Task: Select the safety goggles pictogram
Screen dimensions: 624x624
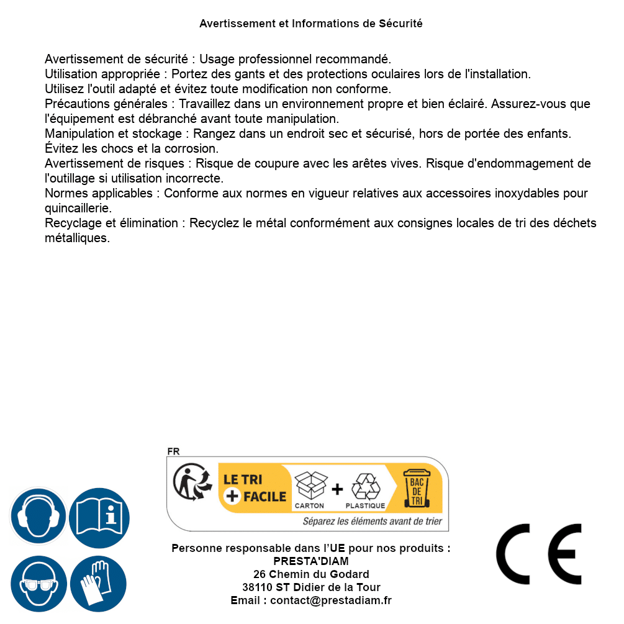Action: click(x=38, y=584)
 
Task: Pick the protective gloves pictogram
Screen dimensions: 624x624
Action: click(x=98, y=584)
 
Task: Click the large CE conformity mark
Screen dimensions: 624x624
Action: click(x=539, y=554)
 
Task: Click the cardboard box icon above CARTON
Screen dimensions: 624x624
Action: click(x=310, y=486)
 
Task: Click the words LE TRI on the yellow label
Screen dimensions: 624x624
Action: click(x=243, y=480)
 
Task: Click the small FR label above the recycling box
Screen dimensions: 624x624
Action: click(x=173, y=451)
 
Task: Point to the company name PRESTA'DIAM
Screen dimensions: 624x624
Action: click(x=311, y=561)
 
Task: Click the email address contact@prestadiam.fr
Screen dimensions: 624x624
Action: click(x=331, y=600)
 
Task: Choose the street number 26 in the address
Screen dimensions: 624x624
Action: click(x=260, y=574)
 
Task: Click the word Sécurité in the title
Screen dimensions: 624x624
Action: click(x=400, y=24)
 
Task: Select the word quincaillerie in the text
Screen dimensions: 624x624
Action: click(x=78, y=208)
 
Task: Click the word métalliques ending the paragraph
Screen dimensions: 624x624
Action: click(x=77, y=238)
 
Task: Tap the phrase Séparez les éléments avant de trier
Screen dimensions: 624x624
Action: click(x=372, y=522)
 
